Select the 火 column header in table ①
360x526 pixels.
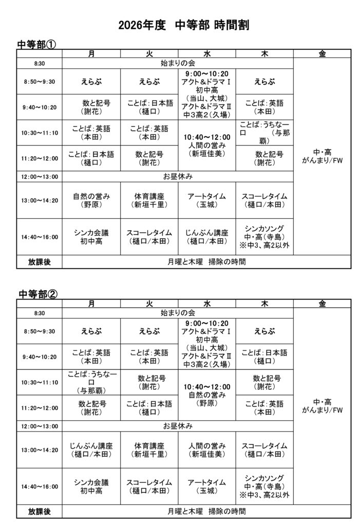(149, 53)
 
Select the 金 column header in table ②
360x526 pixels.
(322, 303)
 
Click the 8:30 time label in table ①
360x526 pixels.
(40, 63)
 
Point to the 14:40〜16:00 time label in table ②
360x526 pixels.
(40, 486)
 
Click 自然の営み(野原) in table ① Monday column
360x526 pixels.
(91, 200)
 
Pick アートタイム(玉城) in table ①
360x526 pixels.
(207, 200)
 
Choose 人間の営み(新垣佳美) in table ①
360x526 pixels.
(207, 145)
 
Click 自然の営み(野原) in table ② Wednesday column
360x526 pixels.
(207, 395)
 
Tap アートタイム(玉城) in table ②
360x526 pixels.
(207, 486)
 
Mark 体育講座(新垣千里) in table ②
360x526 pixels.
(149, 450)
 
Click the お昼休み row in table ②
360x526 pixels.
(178, 426)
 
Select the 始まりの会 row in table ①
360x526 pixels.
(178, 63)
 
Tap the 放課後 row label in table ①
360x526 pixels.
(40, 261)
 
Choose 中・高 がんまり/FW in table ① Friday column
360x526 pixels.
(322, 157)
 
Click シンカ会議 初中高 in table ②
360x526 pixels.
(91, 486)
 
